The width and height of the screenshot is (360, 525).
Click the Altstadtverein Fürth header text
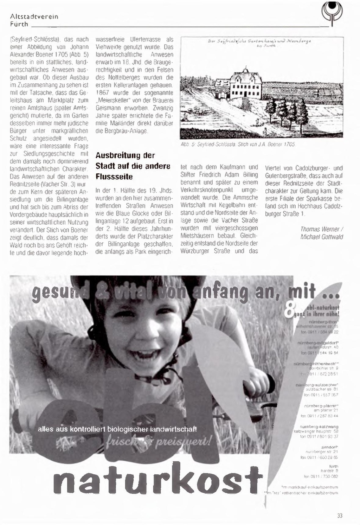pyautogui.click(x=34, y=20)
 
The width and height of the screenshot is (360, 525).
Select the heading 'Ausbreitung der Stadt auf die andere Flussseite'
pyautogui.click(x=133, y=166)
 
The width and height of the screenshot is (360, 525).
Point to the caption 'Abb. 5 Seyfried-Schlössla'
pyautogui.click(x=238, y=144)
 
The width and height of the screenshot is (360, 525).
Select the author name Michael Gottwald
pyautogui.click(x=321, y=237)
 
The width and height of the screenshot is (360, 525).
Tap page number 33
pyautogui.click(x=340, y=516)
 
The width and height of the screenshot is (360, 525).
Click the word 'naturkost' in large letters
pyautogui.click(x=158, y=478)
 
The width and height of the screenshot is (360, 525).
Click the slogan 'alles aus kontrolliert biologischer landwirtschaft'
pyautogui.click(x=117, y=429)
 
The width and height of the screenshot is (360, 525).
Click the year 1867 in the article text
pyautogui.click(x=103, y=92)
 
